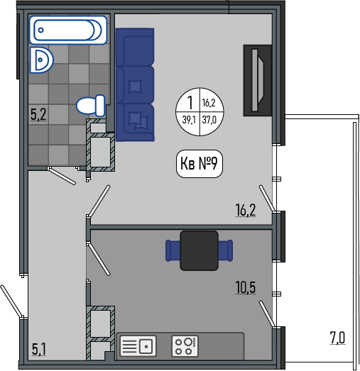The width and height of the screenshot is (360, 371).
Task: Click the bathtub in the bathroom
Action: pos(68,30)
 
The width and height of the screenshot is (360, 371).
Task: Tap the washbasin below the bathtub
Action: pos(41,60)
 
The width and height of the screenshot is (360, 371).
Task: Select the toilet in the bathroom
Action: pos(90,106)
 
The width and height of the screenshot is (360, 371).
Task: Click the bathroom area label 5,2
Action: pos(38,114)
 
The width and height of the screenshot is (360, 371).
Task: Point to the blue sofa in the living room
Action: pos(135,84)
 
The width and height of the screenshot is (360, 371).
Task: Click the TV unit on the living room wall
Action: pos(258,80)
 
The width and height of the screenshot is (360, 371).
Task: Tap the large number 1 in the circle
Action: pos(190,103)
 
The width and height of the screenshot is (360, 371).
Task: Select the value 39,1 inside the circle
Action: pos(189,120)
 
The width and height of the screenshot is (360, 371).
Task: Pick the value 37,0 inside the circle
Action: pos(209,120)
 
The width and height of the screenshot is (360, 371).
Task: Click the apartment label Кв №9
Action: pos(200,163)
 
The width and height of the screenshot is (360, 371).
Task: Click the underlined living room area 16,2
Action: pos(246,210)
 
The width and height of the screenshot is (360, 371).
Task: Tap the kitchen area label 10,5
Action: pos(246,287)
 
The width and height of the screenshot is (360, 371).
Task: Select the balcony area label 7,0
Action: pos(338,338)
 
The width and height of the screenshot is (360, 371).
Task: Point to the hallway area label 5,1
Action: pos(39,350)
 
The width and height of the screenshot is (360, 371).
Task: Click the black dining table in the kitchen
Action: pos(199,250)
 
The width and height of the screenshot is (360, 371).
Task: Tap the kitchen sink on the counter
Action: pos(138,346)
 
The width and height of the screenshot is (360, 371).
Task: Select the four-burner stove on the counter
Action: pos(185,346)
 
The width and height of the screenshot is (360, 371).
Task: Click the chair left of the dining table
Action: pos(173,250)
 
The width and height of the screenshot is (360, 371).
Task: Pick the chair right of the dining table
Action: pos(226,250)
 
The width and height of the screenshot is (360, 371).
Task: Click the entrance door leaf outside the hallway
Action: pos(12,301)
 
